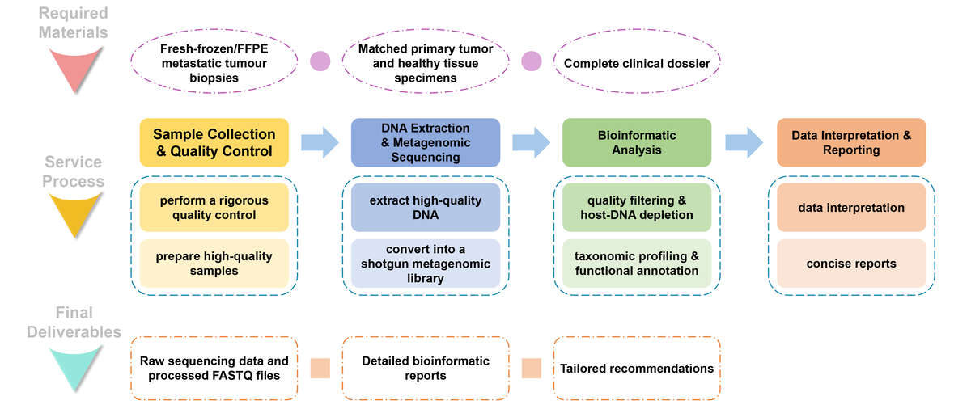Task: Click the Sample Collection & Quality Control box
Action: [x=214, y=142]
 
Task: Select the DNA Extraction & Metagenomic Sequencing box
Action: [x=426, y=142]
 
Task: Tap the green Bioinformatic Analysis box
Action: [x=636, y=142]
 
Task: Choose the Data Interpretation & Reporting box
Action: [x=850, y=142]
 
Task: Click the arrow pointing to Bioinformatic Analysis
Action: [x=531, y=142]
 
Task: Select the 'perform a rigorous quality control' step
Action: [x=214, y=208]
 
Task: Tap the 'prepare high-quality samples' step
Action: [x=214, y=264]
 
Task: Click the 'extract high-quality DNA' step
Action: [x=426, y=208]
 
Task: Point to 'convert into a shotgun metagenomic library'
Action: [x=426, y=264]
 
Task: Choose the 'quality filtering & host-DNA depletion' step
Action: [x=636, y=208]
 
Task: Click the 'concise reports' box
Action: [x=850, y=264]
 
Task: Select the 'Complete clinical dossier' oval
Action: [x=636, y=63]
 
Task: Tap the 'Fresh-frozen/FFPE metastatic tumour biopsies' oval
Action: [x=214, y=63]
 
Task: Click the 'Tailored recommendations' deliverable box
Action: [x=636, y=369]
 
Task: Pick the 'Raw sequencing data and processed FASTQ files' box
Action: [x=214, y=369]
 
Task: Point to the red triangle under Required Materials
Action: [x=74, y=69]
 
